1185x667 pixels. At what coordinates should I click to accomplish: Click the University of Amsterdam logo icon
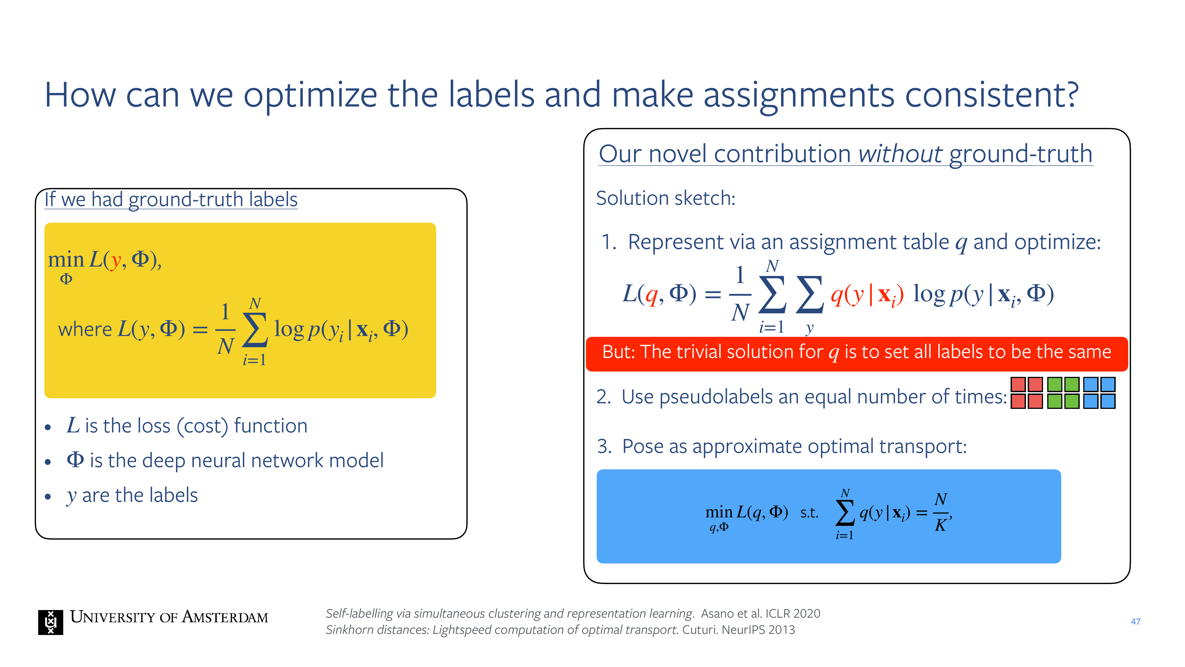pyautogui.click(x=51, y=622)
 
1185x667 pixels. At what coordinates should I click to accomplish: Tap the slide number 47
pyautogui.click(x=1136, y=622)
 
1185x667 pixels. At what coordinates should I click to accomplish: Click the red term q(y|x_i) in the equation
pyautogui.click(x=867, y=295)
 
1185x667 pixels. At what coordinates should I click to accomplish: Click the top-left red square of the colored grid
pyautogui.click(x=1018, y=384)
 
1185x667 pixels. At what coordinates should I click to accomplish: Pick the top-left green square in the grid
pyautogui.click(x=1054, y=384)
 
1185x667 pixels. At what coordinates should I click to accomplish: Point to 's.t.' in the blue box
pyautogui.click(x=810, y=513)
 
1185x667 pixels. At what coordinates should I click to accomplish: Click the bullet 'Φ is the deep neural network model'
pyautogui.click(x=225, y=460)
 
